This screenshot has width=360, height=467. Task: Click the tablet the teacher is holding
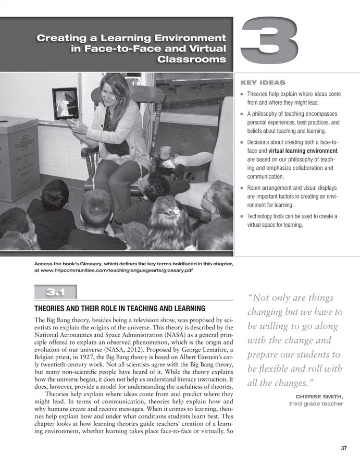pyautogui.click(x=65, y=103)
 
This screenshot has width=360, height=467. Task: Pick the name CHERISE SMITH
pyautogui.click(x=319, y=396)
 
